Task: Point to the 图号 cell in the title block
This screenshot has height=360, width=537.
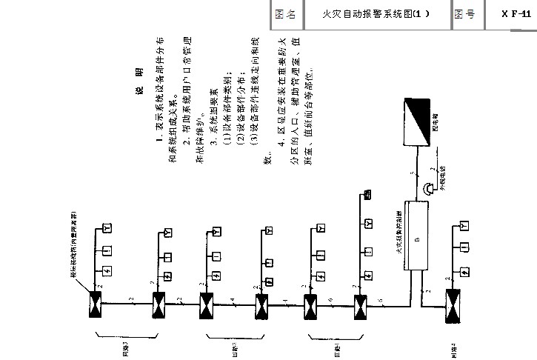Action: point(465,13)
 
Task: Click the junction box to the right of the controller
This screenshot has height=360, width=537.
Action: point(453,304)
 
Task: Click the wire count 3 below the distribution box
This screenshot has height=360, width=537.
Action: point(413,175)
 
